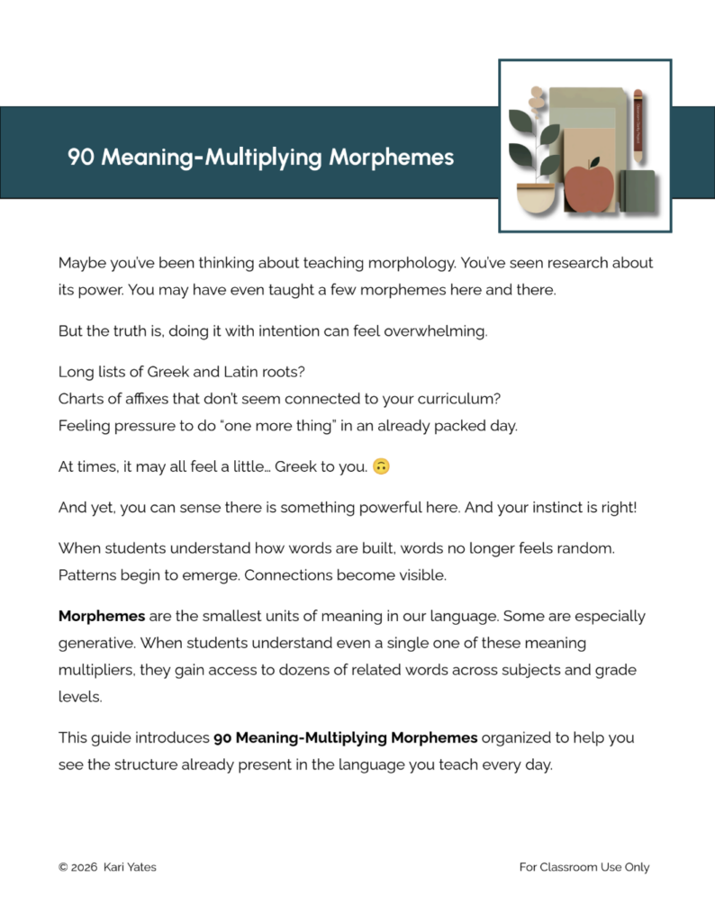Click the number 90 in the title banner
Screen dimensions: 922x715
pyautogui.click(x=81, y=158)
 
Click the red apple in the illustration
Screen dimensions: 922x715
pyautogui.click(x=589, y=185)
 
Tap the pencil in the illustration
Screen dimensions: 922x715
pyautogui.click(x=638, y=126)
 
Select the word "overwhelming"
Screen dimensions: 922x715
pyautogui.click(x=436, y=330)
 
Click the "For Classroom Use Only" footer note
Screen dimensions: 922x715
pyautogui.click(x=584, y=867)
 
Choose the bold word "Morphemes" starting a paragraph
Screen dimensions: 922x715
pyautogui.click(x=102, y=616)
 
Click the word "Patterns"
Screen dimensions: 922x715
pyautogui.click(x=87, y=574)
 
